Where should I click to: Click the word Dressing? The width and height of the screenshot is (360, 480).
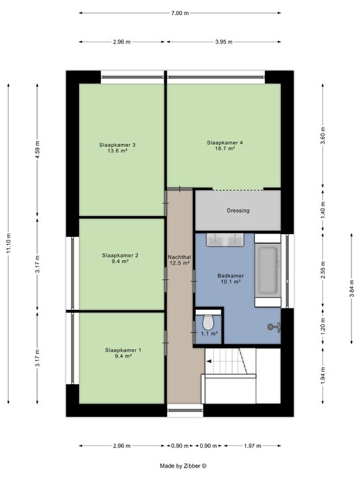point(238,211)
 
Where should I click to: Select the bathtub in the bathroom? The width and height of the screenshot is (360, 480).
point(268,271)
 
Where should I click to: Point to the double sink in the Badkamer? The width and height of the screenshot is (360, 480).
point(225,239)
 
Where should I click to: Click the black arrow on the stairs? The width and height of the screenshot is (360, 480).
point(209,361)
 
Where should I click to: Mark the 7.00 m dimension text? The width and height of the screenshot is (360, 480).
point(180,13)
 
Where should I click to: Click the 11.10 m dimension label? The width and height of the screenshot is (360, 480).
point(8,243)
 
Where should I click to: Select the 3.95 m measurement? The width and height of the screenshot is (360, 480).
point(224,42)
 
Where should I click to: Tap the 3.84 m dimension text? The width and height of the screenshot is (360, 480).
point(352,288)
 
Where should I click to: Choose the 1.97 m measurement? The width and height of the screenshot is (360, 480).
point(252,445)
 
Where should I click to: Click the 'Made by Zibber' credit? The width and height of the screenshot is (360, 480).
point(183,466)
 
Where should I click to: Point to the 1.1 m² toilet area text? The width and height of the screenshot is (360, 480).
point(209,334)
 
